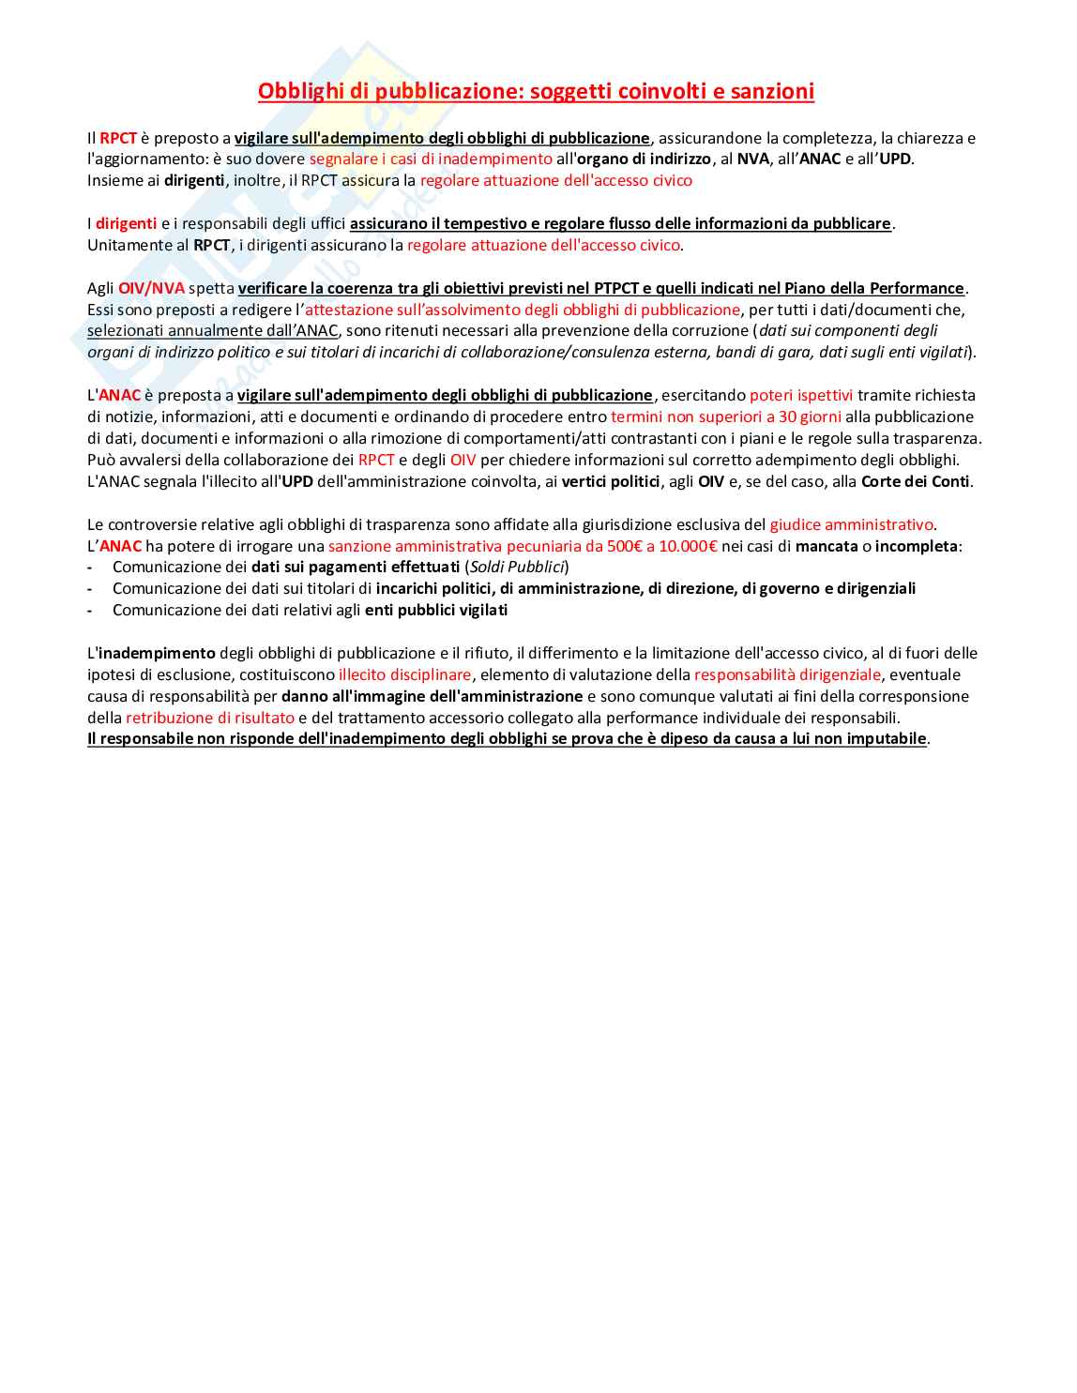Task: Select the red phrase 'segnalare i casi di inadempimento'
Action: (x=431, y=159)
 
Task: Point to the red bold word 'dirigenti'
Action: (x=126, y=223)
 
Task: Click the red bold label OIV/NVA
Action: (x=151, y=288)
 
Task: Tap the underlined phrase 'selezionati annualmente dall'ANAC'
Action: (x=213, y=331)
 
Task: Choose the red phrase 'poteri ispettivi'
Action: (x=801, y=395)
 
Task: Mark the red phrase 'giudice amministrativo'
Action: (x=851, y=524)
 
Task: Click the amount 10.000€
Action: (x=688, y=546)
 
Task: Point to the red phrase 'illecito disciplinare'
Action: (x=404, y=674)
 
